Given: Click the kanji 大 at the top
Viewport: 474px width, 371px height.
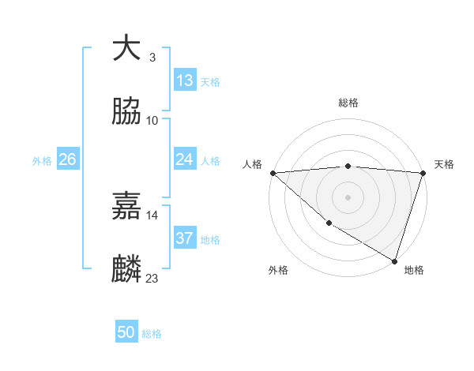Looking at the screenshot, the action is pyautogui.click(x=127, y=49).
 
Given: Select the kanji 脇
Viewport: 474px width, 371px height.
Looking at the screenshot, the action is pyautogui.click(x=127, y=113).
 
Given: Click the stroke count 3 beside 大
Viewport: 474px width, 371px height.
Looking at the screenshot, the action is pyautogui.click(x=152, y=58).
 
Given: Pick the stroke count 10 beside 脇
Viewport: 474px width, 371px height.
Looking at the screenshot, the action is pyautogui.click(x=152, y=121).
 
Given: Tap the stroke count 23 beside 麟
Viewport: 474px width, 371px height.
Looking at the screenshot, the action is pyautogui.click(x=152, y=279).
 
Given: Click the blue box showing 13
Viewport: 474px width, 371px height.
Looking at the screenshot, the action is pyautogui.click(x=184, y=81).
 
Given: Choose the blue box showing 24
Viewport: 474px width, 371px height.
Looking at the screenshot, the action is pyautogui.click(x=184, y=159).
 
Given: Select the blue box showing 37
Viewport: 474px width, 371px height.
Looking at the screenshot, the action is pyautogui.click(x=184, y=238).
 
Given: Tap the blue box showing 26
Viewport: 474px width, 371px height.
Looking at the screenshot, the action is pyautogui.click(x=67, y=159).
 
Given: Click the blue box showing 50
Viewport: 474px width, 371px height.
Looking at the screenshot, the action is pyautogui.click(x=126, y=332).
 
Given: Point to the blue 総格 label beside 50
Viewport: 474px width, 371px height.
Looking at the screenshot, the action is pyautogui.click(x=152, y=334).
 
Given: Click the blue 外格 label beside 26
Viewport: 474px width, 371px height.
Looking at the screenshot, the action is pyautogui.click(x=42, y=161).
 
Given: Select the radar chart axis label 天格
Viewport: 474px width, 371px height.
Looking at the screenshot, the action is pyautogui.click(x=444, y=164).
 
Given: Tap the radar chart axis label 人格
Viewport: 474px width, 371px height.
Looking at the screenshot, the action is pyautogui.click(x=252, y=164).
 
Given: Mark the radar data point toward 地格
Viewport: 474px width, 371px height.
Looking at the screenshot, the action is pyautogui.click(x=394, y=260).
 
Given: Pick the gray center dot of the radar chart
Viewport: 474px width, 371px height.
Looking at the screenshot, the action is pyautogui.click(x=348, y=197).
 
